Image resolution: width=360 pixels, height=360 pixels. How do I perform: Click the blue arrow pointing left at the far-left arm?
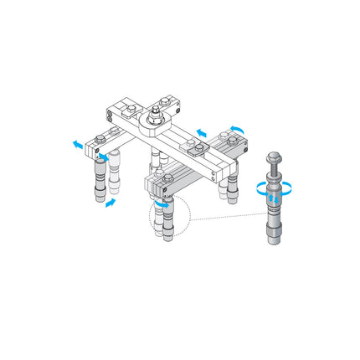pos(77,143)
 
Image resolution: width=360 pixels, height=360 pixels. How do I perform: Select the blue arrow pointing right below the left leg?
pos(110,204)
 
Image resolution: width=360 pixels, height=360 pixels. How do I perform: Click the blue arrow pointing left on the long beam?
pos(201,131)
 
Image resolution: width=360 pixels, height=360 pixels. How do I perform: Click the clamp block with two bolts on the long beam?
pos(198,149)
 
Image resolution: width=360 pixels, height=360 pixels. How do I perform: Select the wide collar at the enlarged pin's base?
pos(272,224)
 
